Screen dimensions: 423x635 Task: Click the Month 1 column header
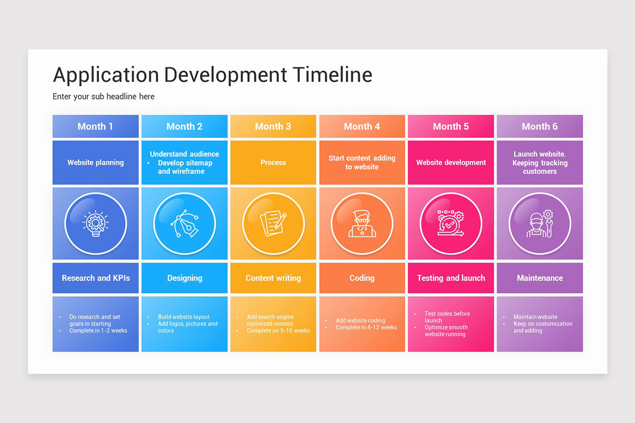click(x=95, y=126)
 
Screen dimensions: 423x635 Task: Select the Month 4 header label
click(x=362, y=126)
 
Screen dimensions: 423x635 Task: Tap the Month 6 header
click(x=540, y=126)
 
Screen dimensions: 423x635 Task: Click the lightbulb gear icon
click(x=96, y=223)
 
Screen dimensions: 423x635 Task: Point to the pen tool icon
click(x=184, y=223)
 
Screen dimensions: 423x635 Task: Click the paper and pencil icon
click(x=273, y=223)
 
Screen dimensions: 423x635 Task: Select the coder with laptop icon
click(x=362, y=223)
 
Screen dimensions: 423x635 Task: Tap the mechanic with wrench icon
click(x=540, y=223)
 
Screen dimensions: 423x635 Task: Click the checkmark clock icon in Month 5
click(x=451, y=223)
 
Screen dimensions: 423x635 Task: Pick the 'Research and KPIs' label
click(x=96, y=278)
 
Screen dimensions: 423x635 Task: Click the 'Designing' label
click(x=185, y=278)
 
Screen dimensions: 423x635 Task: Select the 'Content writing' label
click(x=273, y=278)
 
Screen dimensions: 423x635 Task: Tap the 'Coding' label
click(x=362, y=278)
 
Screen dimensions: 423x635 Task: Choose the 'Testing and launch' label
click(x=451, y=278)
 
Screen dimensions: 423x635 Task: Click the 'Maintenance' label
click(x=540, y=278)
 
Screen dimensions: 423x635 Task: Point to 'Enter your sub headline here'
click(x=104, y=97)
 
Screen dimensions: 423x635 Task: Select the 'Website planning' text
click(x=96, y=163)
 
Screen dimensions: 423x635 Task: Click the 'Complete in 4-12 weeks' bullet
click(x=366, y=327)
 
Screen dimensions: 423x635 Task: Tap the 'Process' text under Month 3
click(x=273, y=163)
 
